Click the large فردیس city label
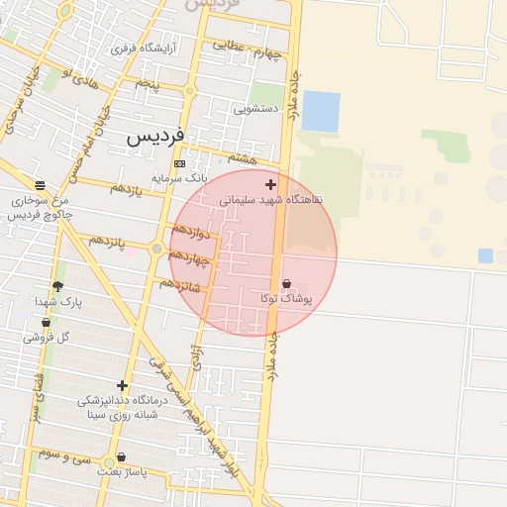155,138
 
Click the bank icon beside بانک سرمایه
178,163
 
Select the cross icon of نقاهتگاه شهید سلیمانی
270,184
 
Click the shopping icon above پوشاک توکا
286,283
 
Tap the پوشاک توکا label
286,297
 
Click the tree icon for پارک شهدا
57,286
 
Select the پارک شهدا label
55,300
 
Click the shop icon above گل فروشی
46,323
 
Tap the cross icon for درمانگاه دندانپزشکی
122,385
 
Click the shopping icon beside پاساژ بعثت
121,457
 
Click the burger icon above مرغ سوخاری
40,185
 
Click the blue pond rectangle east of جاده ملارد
320,111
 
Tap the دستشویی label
253,108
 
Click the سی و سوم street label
65,455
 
